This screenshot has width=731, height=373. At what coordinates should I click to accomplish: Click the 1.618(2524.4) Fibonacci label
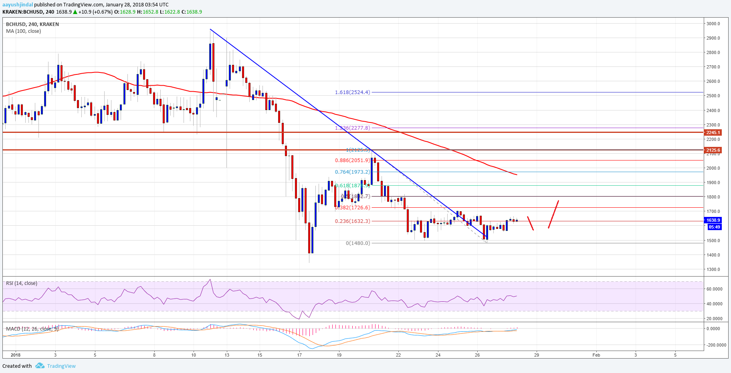click(x=352, y=92)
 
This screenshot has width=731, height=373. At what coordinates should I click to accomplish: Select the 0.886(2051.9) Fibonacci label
click(x=352, y=160)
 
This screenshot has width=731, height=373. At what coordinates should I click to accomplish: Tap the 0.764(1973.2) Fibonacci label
click(x=352, y=172)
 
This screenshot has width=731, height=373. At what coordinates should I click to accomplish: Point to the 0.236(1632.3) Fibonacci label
click(x=352, y=221)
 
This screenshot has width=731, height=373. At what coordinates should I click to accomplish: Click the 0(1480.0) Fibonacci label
click(x=358, y=243)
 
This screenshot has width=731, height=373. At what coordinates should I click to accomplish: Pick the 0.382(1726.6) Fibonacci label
click(x=352, y=208)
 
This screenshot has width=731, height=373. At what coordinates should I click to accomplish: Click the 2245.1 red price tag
click(x=713, y=132)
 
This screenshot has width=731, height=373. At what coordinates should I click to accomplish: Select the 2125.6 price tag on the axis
click(x=713, y=150)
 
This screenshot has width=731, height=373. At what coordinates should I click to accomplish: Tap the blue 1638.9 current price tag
click(x=713, y=220)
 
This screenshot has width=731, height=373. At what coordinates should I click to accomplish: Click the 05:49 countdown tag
click(x=714, y=227)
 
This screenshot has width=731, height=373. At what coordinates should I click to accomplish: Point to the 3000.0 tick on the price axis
click(x=713, y=24)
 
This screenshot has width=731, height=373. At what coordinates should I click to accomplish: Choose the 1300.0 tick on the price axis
click(x=713, y=269)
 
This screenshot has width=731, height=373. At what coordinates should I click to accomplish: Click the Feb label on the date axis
click(x=596, y=355)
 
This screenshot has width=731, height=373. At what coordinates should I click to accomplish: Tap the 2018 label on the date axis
click(x=16, y=355)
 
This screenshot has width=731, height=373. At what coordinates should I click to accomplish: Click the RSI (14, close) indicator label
click(x=22, y=283)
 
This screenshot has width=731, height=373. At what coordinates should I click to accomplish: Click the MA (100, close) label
click(x=23, y=31)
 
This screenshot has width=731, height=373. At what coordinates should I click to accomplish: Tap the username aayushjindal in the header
click(x=18, y=5)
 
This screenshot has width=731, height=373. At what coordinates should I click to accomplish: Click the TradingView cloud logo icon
click(x=40, y=366)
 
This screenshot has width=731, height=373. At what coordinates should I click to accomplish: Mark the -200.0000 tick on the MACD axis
click(x=716, y=345)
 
